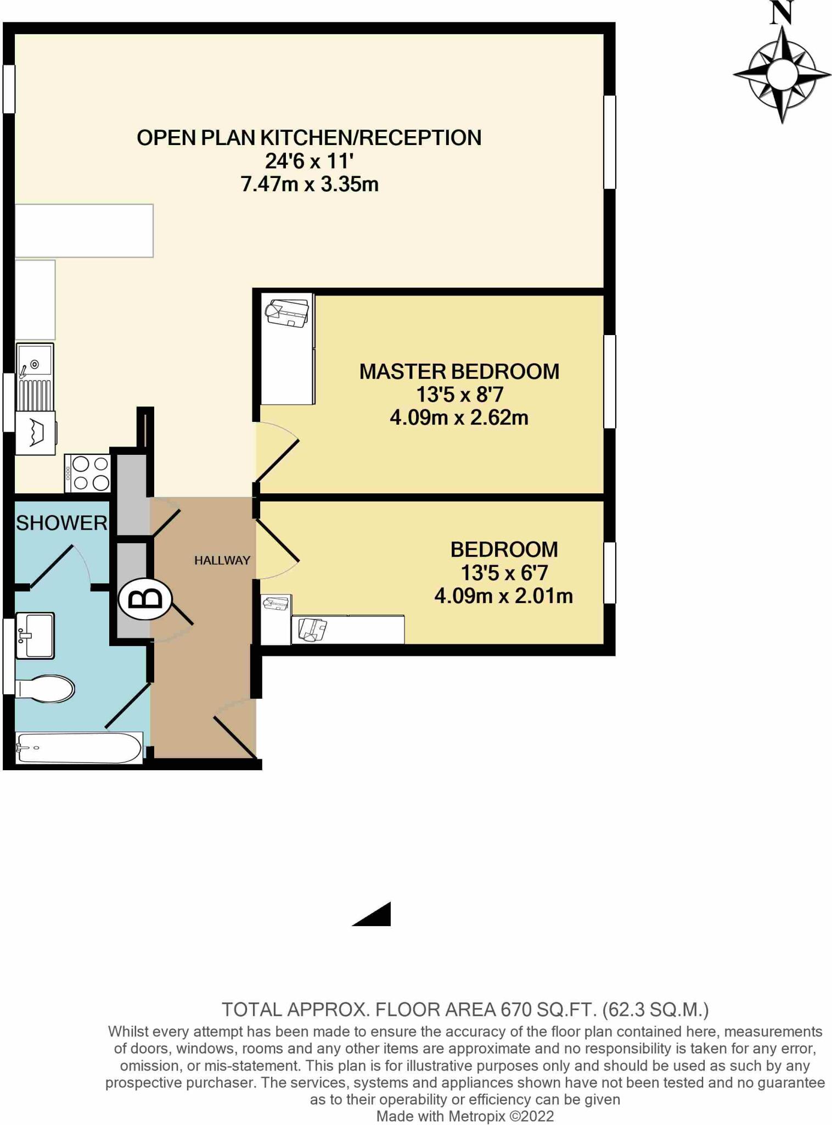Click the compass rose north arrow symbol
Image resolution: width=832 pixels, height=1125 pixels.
(x=782, y=74)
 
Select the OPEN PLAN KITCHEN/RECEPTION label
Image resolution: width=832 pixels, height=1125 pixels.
(x=309, y=137)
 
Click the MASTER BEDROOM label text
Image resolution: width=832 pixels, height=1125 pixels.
(x=459, y=371)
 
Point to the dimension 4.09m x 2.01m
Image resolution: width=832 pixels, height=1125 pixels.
(x=503, y=596)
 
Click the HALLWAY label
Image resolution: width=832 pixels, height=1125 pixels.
(x=222, y=560)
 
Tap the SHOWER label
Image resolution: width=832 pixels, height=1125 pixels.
(x=61, y=523)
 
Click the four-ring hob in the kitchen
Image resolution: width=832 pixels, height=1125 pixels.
(x=88, y=474)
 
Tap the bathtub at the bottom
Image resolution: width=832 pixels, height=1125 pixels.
(x=78, y=748)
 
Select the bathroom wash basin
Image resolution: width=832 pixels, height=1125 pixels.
(x=35, y=636)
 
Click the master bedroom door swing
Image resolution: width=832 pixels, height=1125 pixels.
(x=277, y=450)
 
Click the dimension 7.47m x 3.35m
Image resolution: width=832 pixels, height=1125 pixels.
(x=309, y=184)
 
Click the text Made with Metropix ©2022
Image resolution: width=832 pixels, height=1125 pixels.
(x=464, y=1116)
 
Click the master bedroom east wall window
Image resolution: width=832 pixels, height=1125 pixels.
(x=609, y=381)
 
